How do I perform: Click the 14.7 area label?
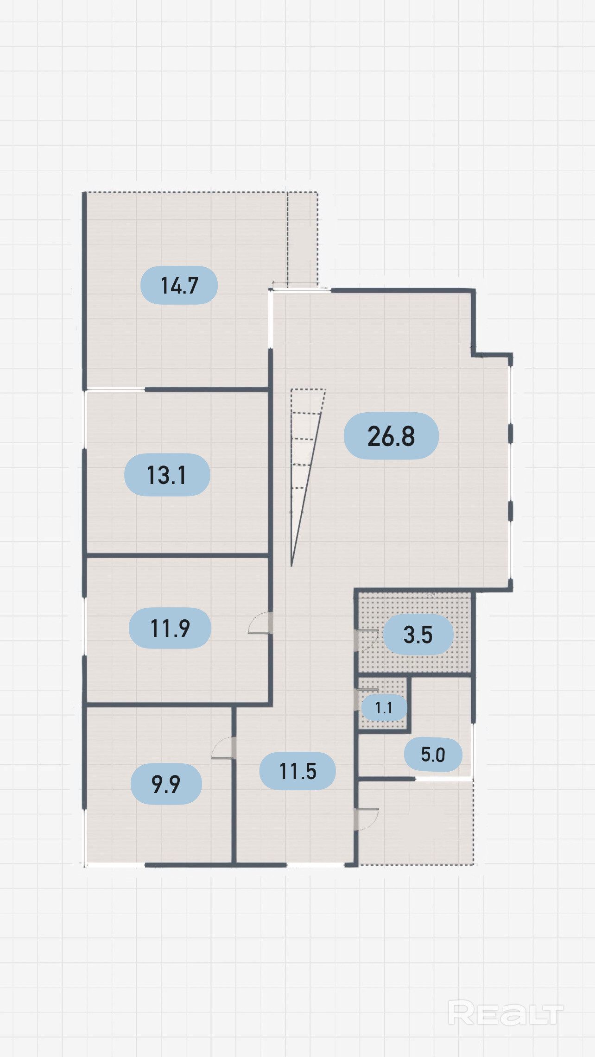(179, 285)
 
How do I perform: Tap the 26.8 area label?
(391, 436)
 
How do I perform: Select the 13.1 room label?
(167, 475)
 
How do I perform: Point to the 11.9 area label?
(170, 628)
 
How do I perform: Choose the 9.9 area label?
(166, 784)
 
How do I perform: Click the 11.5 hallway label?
(297, 771)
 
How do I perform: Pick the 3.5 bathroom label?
(418, 635)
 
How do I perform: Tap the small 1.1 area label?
(384, 708)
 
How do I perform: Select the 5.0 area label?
(433, 755)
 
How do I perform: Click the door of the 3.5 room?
(367, 641)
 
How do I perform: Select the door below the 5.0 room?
(367, 819)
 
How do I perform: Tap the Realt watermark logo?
(506, 1013)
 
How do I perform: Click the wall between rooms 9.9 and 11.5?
(234, 785)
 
